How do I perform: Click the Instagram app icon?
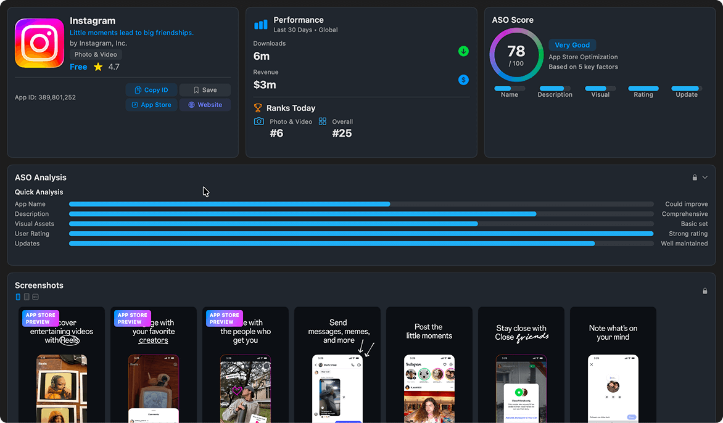(39, 43)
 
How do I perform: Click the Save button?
(205, 90)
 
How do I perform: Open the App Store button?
(151, 105)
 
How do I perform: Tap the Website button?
(205, 105)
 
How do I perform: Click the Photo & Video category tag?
(96, 55)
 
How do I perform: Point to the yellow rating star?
(98, 67)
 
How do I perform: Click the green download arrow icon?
(463, 51)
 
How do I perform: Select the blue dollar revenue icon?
(463, 80)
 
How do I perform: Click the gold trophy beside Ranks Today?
(258, 108)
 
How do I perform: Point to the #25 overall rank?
(342, 133)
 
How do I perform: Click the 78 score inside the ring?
(516, 52)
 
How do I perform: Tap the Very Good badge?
(572, 45)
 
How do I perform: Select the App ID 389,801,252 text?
(45, 97)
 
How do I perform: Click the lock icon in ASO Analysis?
(695, 178)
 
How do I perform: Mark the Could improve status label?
(686, 204)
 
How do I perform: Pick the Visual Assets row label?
(35, 224)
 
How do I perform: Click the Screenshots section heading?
(39, 285)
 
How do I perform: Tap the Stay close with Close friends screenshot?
(521, 364)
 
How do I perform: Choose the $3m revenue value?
(265, 85)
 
